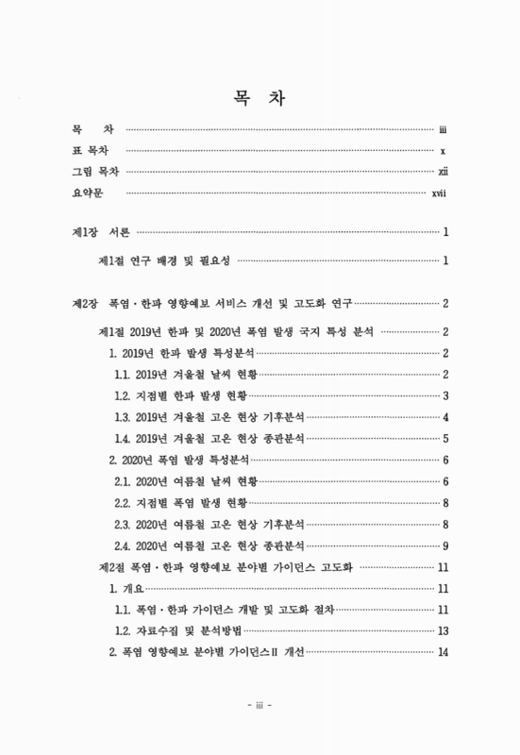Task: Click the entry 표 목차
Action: point(89,150)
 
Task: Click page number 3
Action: point(445,394)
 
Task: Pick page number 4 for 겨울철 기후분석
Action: point(445,416)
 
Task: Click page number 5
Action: point(445,438)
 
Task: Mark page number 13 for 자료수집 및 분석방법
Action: point(442,631)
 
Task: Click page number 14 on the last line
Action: point(442,654)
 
